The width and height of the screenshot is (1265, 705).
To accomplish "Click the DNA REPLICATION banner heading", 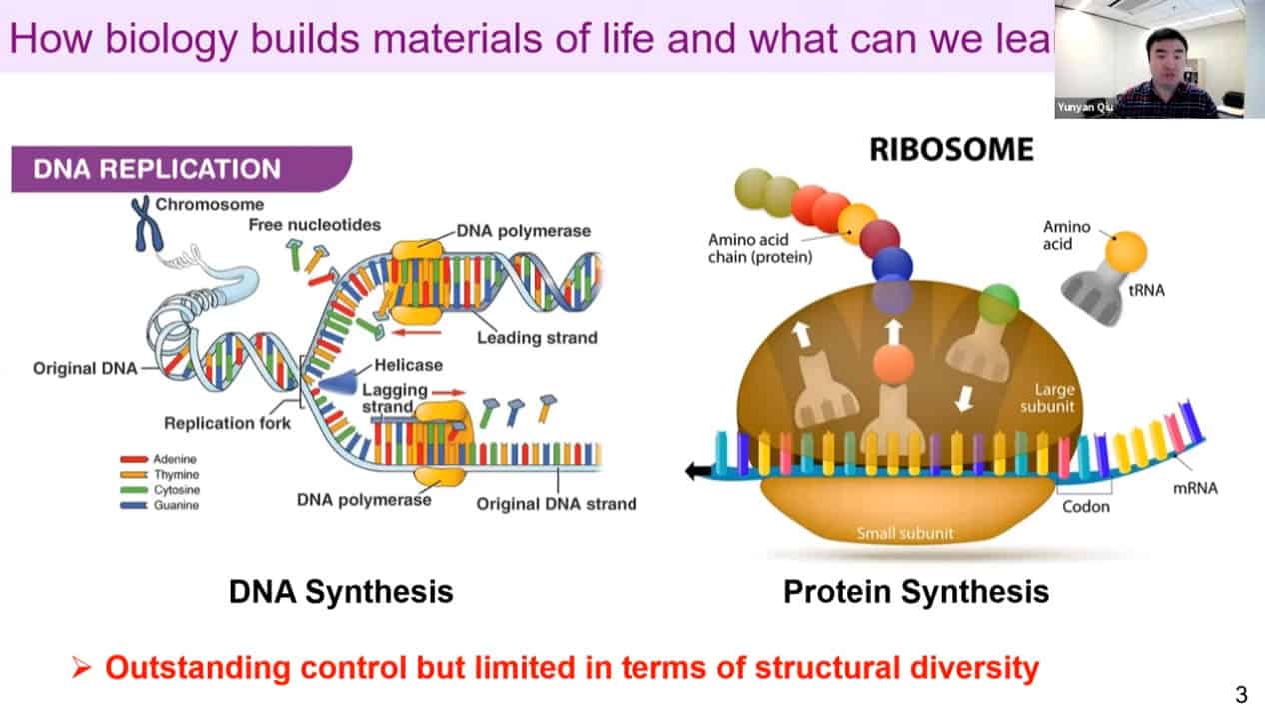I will coord(157,169).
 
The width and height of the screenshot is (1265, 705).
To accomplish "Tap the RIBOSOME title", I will coord(951,150).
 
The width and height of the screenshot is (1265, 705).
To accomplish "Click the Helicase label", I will coord(408,365).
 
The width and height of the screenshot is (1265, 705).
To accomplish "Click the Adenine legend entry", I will coord(175,459).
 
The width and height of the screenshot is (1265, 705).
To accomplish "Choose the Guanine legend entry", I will coord(175,505).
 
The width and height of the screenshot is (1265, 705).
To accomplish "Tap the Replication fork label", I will coord(228,422).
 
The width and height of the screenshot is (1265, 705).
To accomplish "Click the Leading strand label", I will coord(537,337).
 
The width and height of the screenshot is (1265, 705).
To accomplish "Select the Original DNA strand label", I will coord(556,503).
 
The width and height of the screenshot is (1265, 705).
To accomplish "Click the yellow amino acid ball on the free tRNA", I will coord(1125,251).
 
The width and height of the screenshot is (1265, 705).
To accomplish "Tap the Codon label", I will coord(1086,506).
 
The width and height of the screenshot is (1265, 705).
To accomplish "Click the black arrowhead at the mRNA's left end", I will coord(692,472).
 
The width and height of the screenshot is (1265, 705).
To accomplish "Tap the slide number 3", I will coord(1241,695).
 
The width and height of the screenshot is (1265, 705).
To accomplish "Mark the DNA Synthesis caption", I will coord(341,591).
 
